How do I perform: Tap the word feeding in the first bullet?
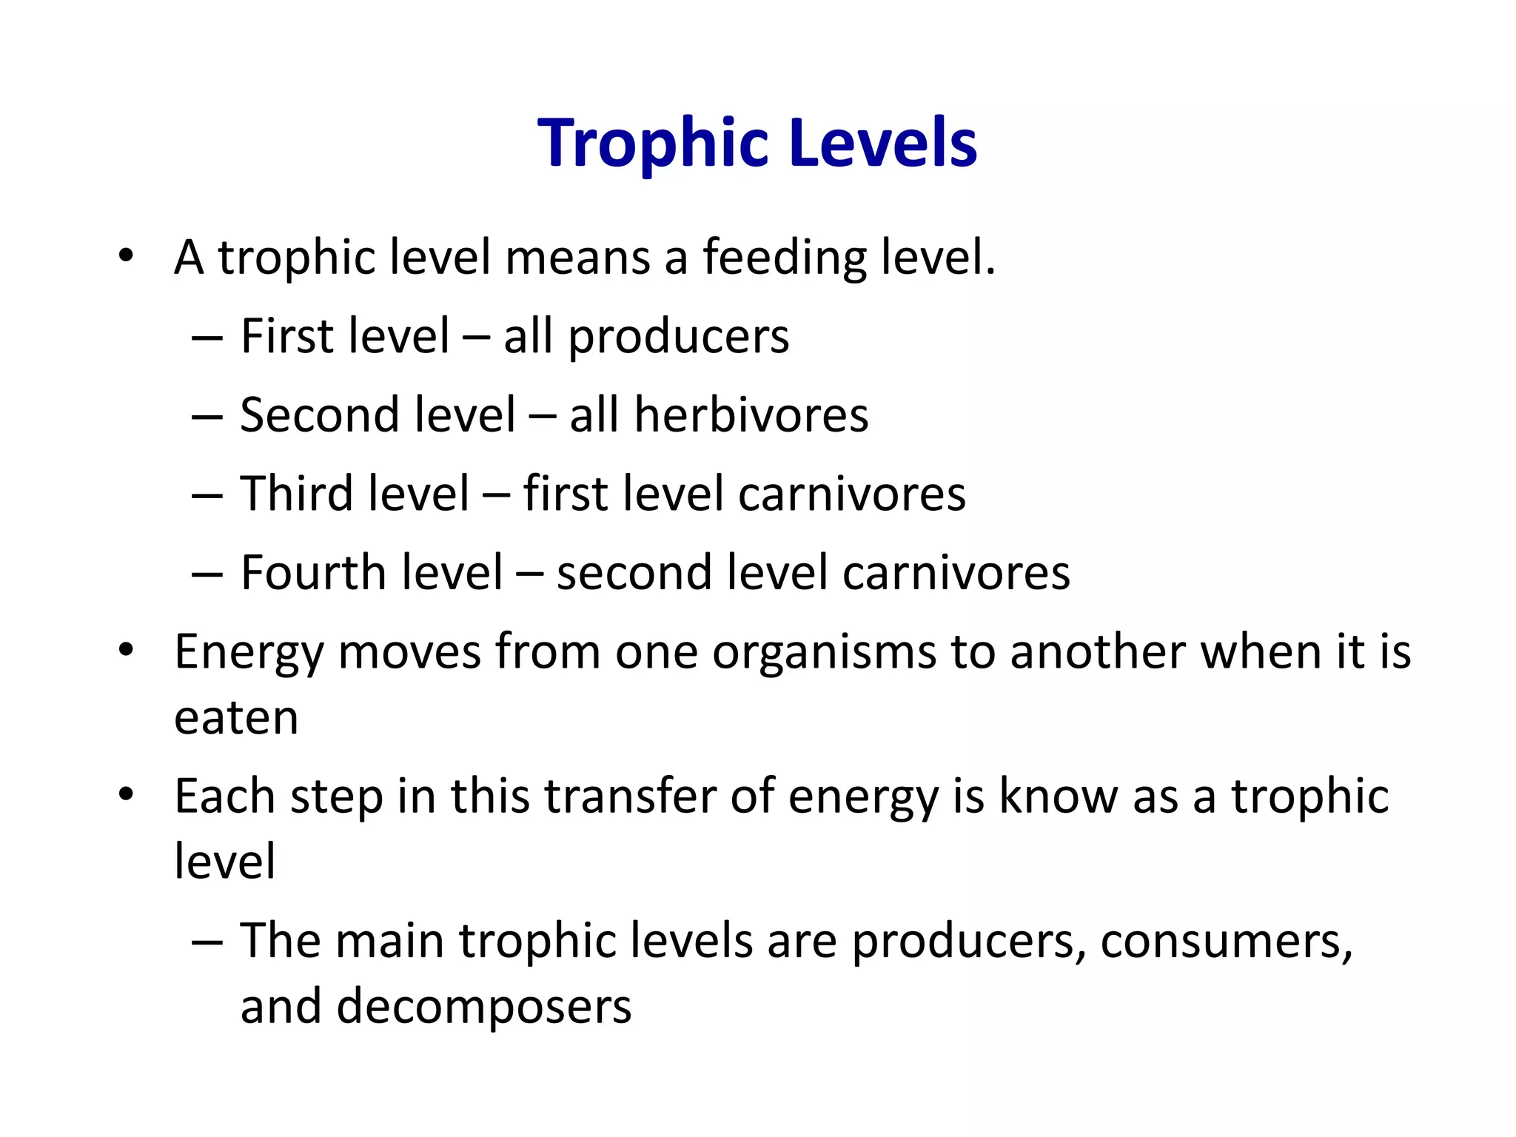coord(784,258)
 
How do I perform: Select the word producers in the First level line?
coord(679,338)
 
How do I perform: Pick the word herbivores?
coord(751,415)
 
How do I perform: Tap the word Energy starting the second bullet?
coord(249,653)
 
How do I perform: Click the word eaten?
coord(236,718)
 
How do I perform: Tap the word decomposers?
coord(484,1007)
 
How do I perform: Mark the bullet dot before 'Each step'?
coord(126,795)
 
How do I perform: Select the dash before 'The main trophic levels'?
coord(207,942)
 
